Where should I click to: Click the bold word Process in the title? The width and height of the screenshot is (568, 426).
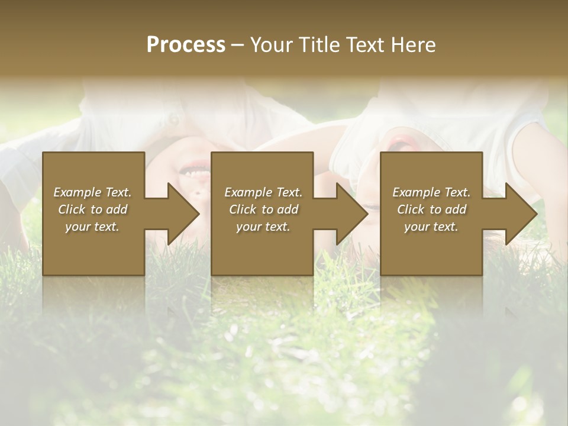186,45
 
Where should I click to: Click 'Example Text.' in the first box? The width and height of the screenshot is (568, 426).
92,192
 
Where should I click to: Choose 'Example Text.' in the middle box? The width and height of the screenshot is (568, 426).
263,192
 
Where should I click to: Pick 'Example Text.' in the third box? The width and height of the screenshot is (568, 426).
431,192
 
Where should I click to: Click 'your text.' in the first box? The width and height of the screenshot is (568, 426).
92,227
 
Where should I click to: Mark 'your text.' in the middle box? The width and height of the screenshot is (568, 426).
263,227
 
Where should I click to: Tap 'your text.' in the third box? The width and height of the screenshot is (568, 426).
431,227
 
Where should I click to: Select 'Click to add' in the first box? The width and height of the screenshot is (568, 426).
92,209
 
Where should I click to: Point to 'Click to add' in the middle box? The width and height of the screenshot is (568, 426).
263,209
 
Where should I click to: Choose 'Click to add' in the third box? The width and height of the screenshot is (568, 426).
431,209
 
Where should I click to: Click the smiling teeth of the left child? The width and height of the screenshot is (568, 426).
195,172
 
